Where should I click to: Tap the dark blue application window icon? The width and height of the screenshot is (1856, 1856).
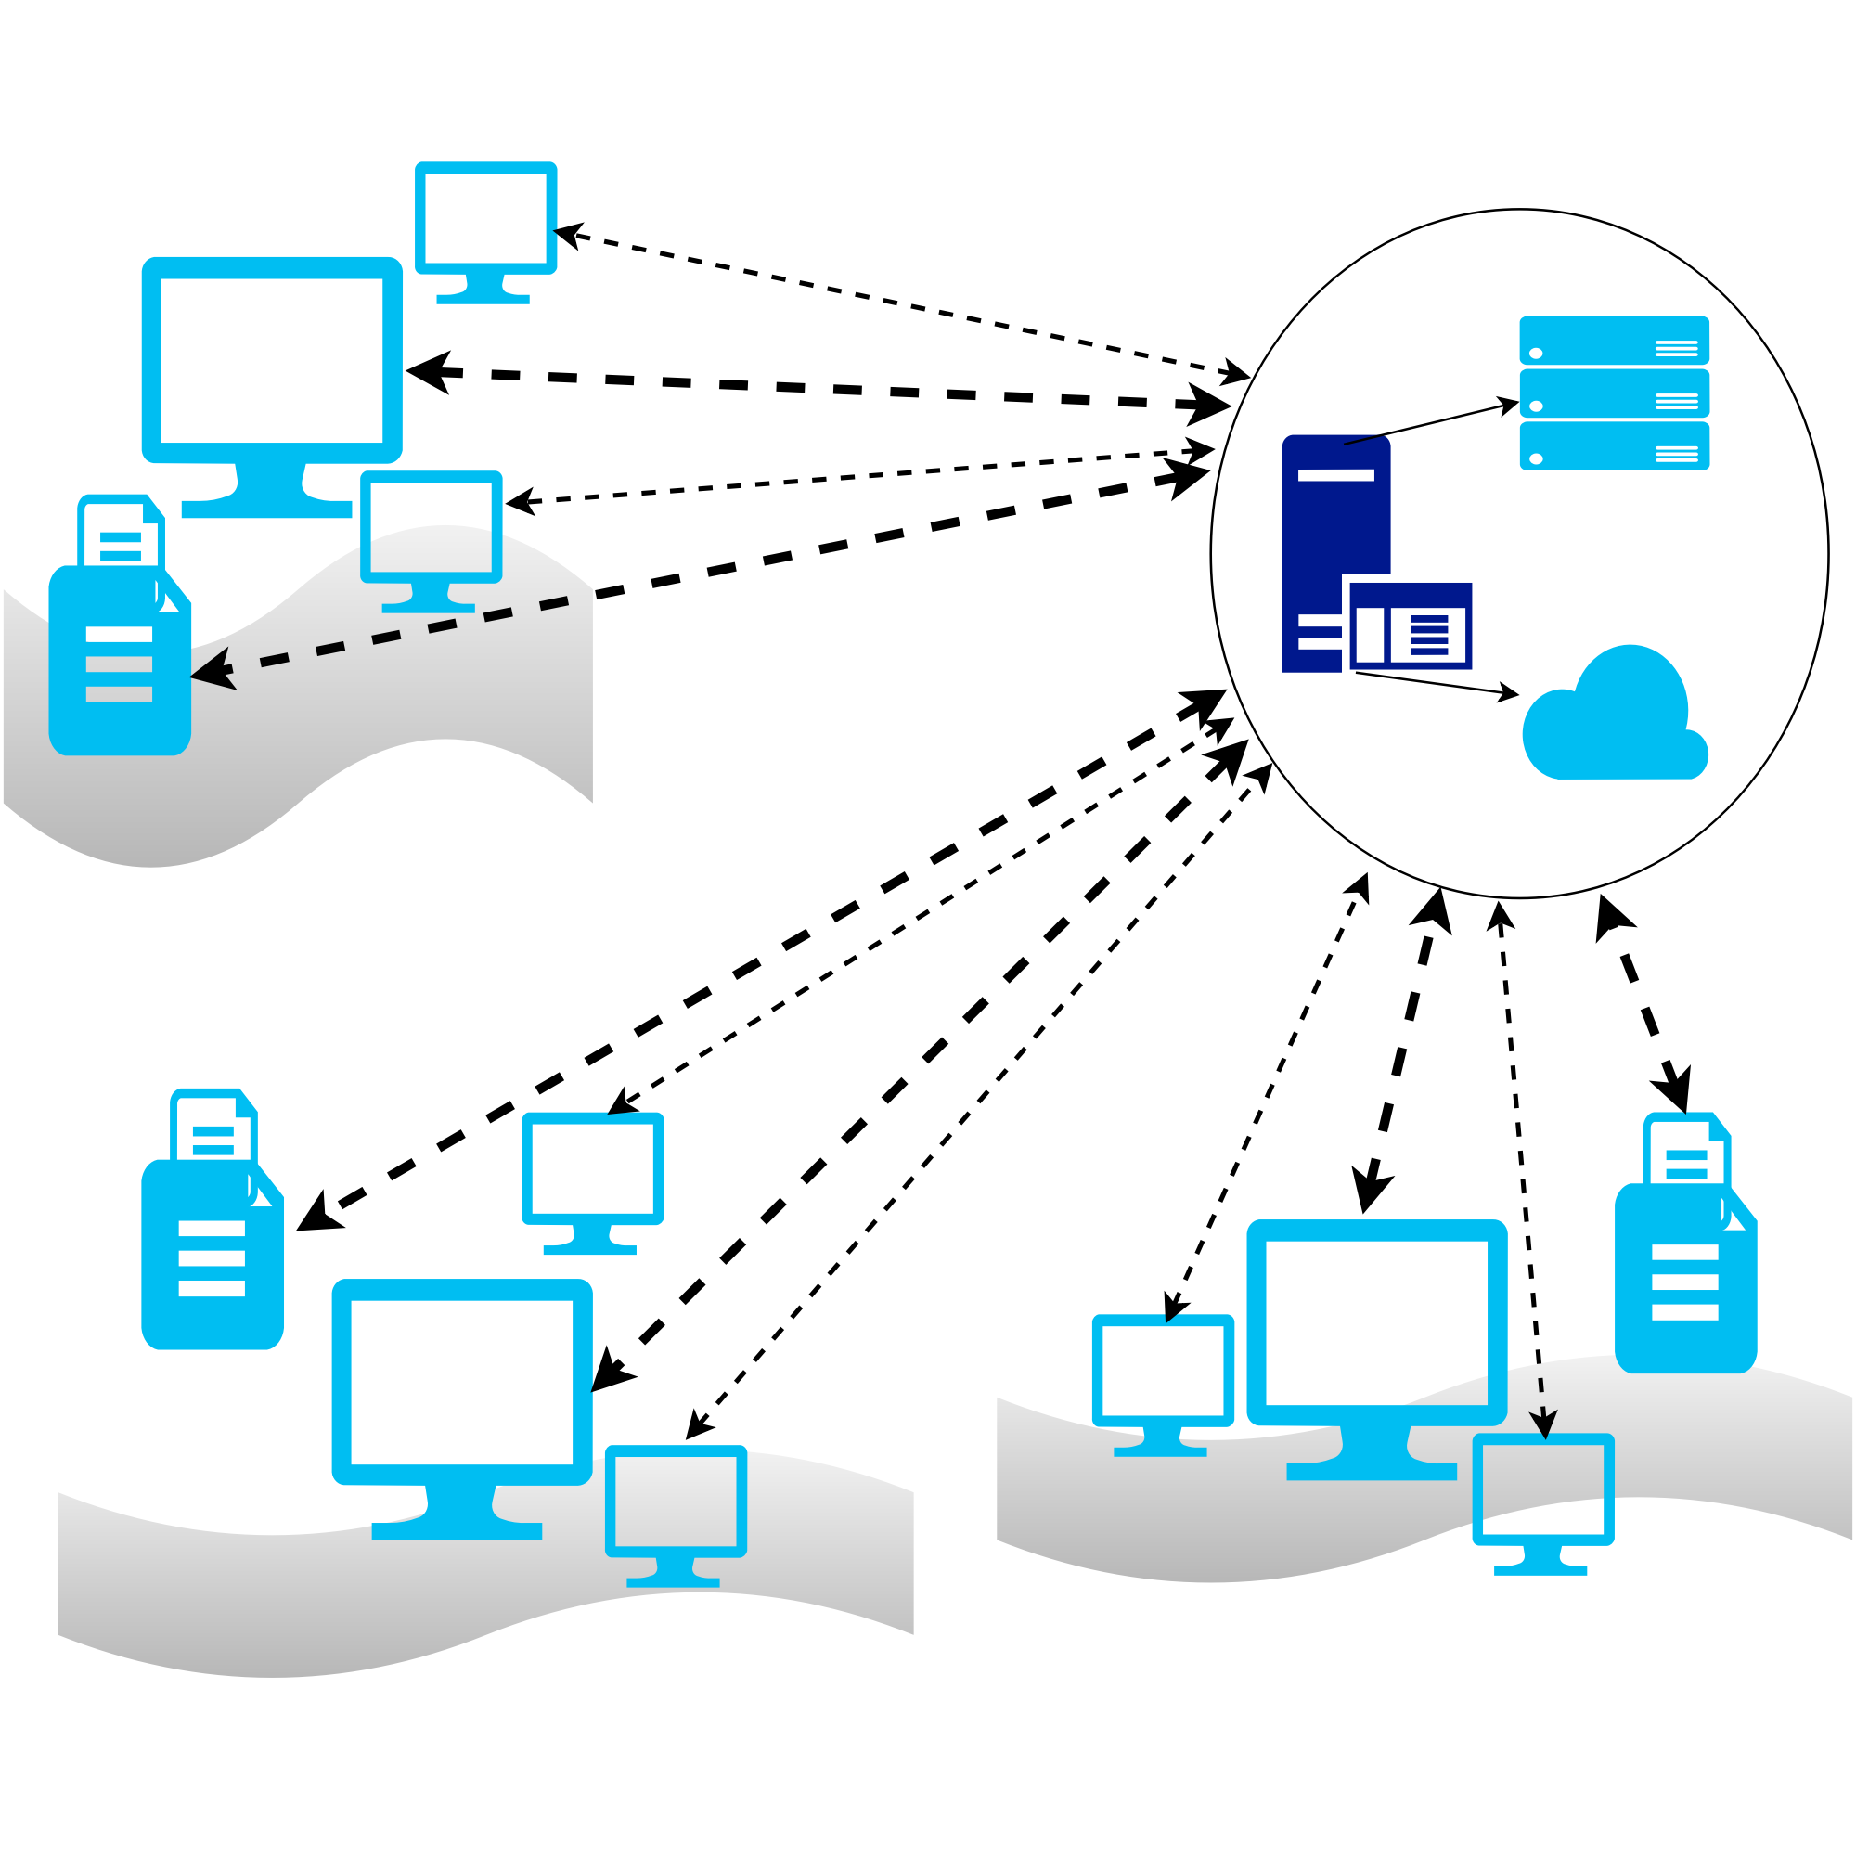1411,627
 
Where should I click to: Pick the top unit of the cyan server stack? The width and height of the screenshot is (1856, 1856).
1614,340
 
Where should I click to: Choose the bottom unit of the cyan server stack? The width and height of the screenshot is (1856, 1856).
1614,445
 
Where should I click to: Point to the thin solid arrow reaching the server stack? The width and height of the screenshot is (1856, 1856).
1431,422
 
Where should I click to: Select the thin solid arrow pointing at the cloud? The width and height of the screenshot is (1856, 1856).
1437,683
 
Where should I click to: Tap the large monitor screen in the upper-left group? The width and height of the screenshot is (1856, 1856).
272,361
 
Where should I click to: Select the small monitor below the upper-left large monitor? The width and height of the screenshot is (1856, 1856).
432,528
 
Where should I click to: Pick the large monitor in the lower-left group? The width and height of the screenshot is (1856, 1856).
462,1384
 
